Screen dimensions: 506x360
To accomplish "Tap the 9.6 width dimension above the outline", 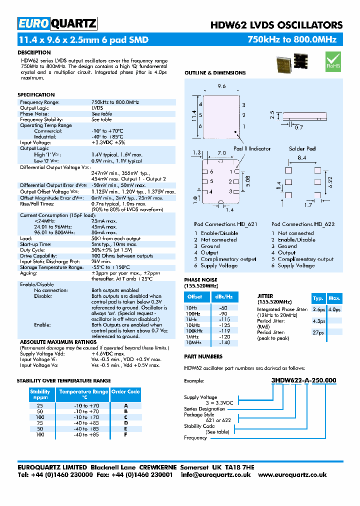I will coord(222,86).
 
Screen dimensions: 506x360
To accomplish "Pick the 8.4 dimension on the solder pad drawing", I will coord(302,158).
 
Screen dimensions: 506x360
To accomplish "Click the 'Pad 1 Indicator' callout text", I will coord(252,148).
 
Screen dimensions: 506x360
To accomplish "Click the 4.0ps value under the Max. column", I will coord(334,309).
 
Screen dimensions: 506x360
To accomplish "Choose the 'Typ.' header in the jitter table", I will coord(318,298).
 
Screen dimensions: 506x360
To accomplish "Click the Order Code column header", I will coord(125,392).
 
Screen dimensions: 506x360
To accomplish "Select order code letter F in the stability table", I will coord(125,434).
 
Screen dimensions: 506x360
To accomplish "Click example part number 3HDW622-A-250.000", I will coord(303,380).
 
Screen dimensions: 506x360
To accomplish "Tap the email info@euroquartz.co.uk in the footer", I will coord(215,474).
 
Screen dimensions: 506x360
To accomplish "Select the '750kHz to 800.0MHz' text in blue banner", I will coord(292,40).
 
